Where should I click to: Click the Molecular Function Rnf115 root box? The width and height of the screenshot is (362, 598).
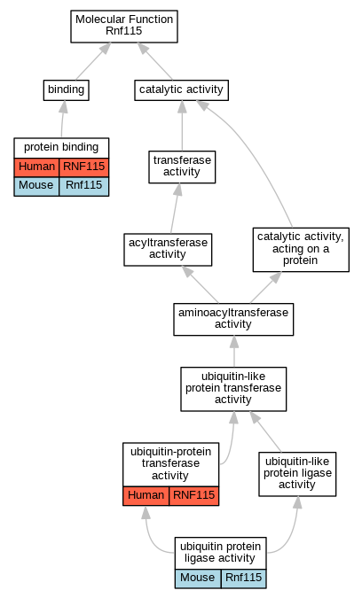(x=124, y=27)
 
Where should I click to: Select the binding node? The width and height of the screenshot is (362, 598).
(x=66, y=90)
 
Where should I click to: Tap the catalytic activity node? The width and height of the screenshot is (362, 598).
(x=181, y=90)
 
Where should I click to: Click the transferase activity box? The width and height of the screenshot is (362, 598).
(x=182, y=167)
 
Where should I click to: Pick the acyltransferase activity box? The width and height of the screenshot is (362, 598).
(x=168, y=250)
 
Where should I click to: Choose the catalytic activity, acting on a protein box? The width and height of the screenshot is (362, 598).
(x=301, y=250)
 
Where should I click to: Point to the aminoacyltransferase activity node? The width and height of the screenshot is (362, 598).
(x=233, y=319)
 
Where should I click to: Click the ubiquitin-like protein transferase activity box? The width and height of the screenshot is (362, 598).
(x=233, y=389)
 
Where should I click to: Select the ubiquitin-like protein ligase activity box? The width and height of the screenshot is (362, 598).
(x=297, y=474)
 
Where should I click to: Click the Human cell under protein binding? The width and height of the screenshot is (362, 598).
(x=36, y=167)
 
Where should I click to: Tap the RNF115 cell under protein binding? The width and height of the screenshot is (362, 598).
(x=84, y=167)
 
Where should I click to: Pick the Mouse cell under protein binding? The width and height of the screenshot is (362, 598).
(x=36, y=187)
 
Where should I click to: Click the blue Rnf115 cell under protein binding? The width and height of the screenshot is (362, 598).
(x=84, y=187)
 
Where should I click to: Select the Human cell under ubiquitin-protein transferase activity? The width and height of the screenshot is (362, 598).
(x=146, y=496)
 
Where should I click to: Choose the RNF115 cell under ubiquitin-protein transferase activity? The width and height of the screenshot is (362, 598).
(x=194, y=496)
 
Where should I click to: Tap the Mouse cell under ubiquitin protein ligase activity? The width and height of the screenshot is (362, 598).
(x=198, y=579)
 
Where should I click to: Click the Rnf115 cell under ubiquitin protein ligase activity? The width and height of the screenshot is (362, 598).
(x=244, y=579)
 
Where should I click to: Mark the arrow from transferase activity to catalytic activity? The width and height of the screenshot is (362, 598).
(x=182, y=126)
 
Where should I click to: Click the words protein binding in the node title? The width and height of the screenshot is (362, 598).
(x=61, y=147)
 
